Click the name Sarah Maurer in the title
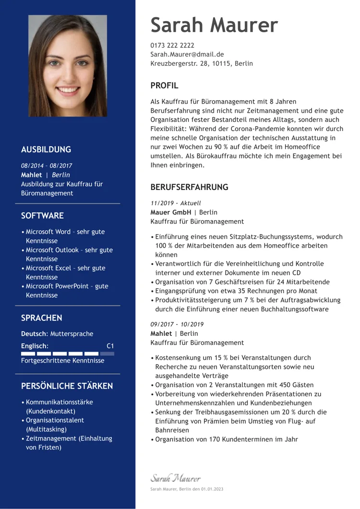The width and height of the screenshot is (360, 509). click(214, 25)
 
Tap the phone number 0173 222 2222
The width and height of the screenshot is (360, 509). click(172, 45)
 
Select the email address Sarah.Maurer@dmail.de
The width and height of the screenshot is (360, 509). click(187, 54)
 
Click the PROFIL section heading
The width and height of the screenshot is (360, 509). click(164, 86)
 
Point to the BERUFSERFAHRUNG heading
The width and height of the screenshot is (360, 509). click(189, 187)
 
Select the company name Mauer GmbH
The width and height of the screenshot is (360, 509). click(170, 212)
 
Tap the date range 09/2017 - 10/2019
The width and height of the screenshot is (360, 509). click(177, 324)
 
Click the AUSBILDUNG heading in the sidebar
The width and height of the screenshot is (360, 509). click(46, 149)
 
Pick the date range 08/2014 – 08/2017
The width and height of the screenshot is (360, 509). click(47, 166)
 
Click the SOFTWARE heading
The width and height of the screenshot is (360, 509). click(42, 215)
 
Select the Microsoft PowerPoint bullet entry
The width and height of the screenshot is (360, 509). click(67, 291)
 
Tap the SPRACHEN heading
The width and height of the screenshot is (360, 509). click(42, 318)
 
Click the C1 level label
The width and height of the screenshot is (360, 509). click(110, 346)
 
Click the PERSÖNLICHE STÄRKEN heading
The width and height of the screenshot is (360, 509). click(67, 386)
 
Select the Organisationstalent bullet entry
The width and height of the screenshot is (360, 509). click(55, 425)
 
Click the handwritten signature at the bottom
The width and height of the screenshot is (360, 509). click(176, 478)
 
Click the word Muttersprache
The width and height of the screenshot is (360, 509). click(72, 334)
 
